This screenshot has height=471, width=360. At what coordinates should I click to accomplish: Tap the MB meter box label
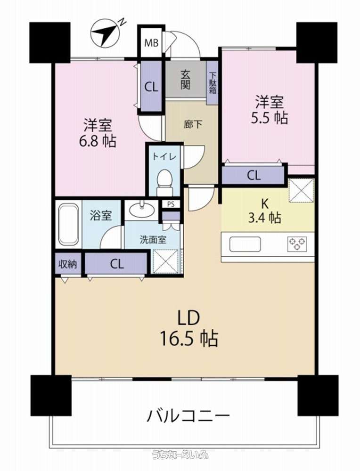click(x=151, y=43)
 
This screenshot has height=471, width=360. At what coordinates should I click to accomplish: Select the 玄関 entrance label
click(x=185, y=80)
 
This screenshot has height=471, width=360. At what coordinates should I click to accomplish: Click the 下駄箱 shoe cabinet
click(x=213, y=82)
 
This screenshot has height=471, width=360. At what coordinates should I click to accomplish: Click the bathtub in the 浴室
click(x=69, y=224)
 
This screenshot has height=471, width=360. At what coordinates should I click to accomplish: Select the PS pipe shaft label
click(x=171, y=204)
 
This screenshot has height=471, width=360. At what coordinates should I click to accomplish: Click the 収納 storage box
click(x=68, y=264)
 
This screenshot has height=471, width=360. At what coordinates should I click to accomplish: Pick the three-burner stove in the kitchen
click(x=297, y=244)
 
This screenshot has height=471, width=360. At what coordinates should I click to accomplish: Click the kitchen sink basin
click(x=245, y=244)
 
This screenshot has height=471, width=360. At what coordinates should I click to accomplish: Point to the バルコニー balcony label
click(x=188, y=416)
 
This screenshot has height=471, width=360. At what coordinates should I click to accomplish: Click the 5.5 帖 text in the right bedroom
click(x=269, y=118)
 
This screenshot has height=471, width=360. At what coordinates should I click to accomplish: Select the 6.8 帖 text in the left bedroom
click(x=98, y=141)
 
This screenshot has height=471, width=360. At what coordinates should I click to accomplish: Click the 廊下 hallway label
click(x=193, y=125)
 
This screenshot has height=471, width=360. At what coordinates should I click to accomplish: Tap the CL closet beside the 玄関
click(x=151, y=87)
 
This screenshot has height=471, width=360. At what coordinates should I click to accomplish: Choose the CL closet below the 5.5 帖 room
click(x=254, y=175)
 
